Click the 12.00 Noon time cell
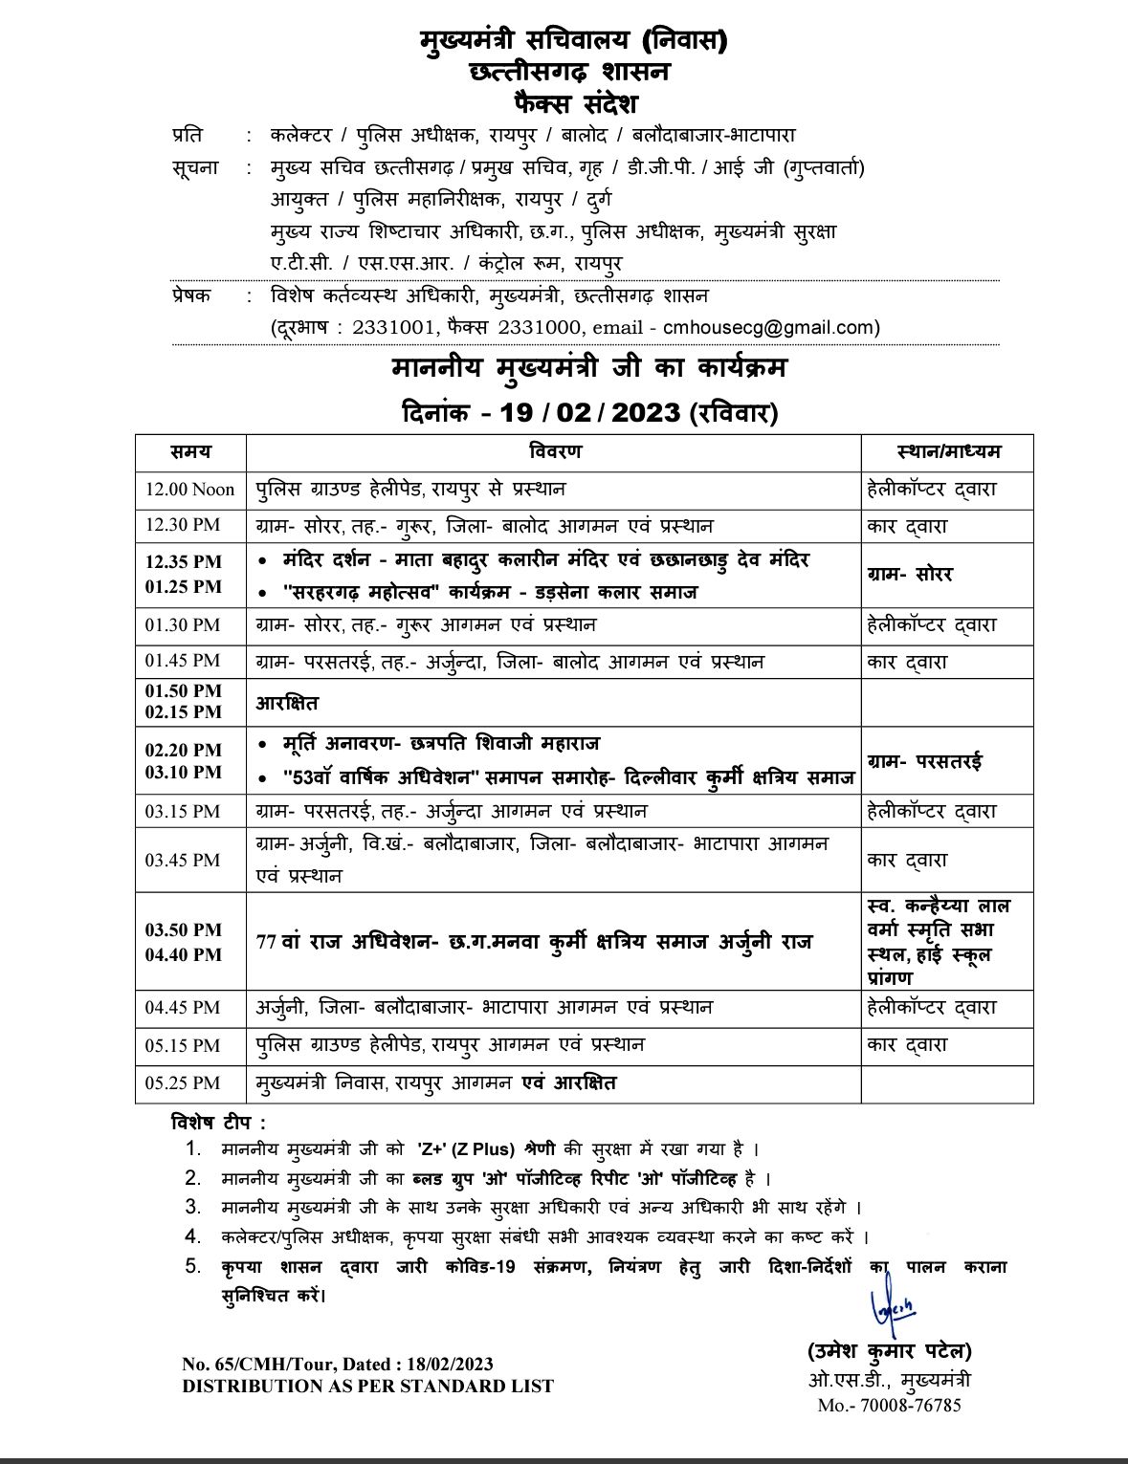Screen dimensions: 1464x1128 (x=189, y=490)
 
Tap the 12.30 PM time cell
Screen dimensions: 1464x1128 (x=183, y=526)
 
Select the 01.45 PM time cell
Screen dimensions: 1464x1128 (x=183, y=661)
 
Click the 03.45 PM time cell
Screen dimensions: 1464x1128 (x=183, y=860)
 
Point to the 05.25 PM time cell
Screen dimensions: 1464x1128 (x=183, y=1082)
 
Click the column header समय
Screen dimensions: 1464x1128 (x=190, y=451)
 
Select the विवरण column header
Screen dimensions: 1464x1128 (x=555, y=451)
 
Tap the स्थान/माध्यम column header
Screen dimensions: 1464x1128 (x=948, y=451)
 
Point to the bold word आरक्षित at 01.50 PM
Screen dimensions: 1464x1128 (x=287, y=703)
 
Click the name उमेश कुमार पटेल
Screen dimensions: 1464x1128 (x=889, y=1351)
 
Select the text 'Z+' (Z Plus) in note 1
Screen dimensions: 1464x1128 (x=468, y=1148)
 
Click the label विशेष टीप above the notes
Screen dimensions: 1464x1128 (x=218, y=1122)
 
